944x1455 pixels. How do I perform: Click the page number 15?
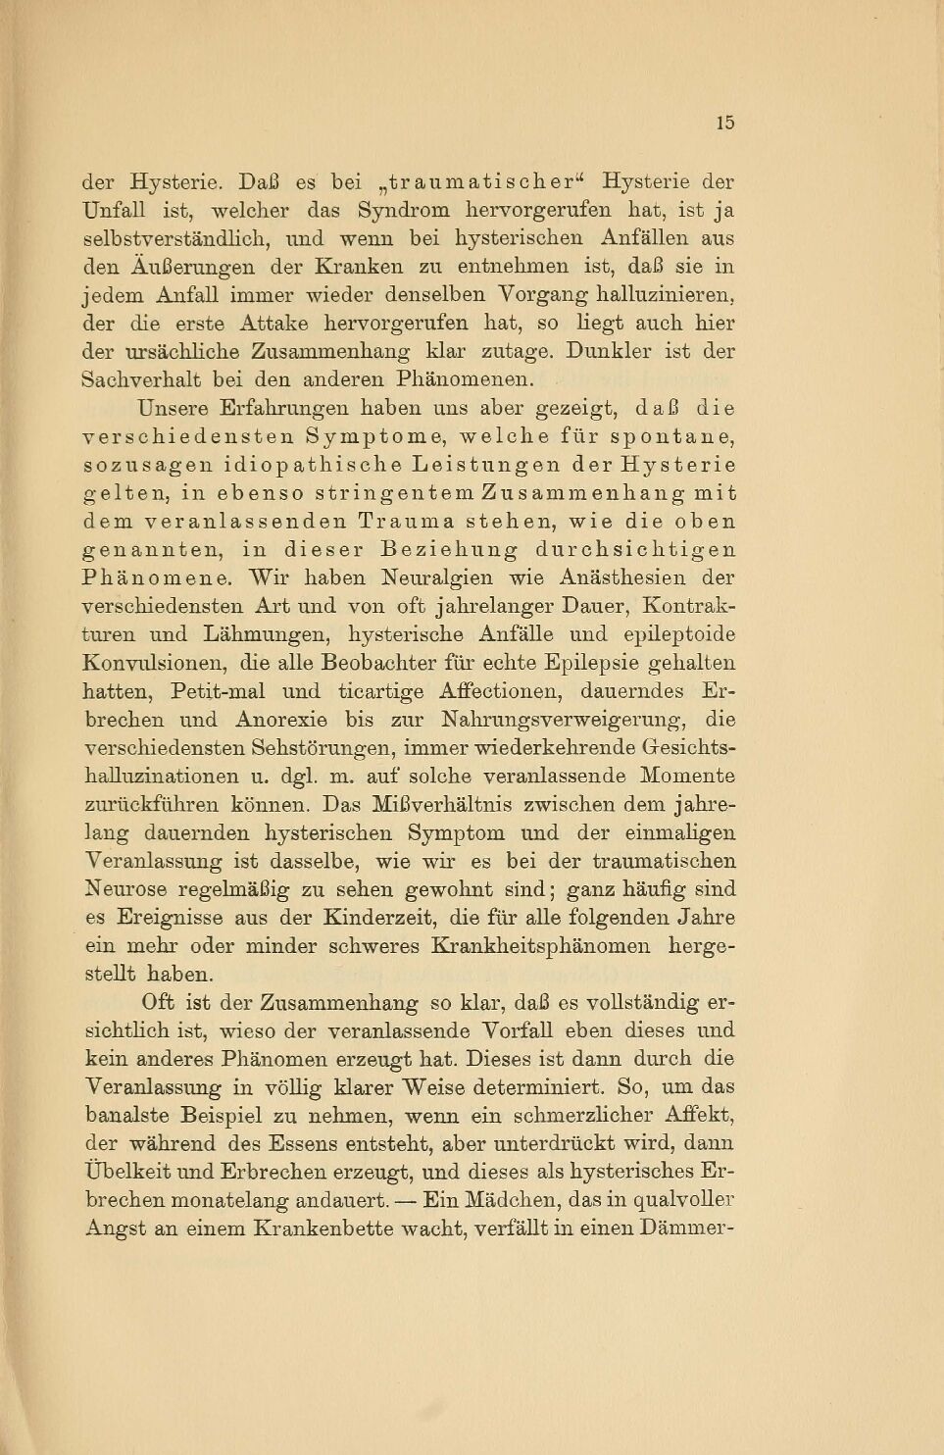point(724,123)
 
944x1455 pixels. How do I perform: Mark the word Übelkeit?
point(123,1172)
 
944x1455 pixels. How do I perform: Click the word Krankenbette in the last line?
point(320,1229)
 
